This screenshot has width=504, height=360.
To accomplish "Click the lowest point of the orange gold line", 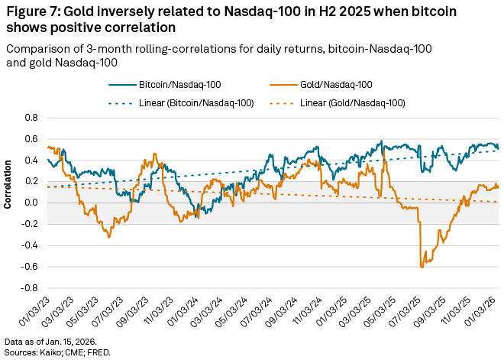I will (422, 267).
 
